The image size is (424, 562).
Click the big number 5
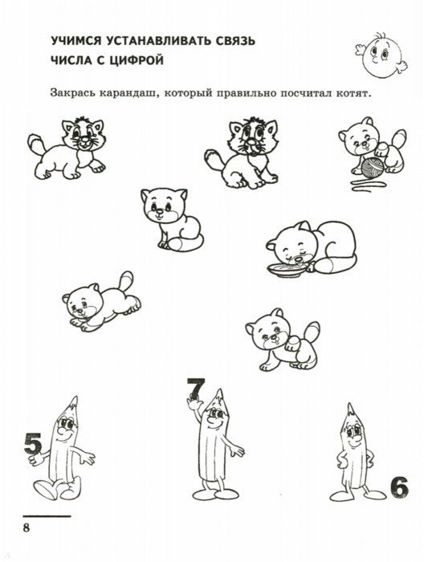click(x=33, y=444)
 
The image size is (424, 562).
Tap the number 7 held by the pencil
click(x=196, y=389)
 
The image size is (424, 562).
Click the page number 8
click(x=26, y=528)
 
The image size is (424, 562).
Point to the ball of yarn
click(x=373, y=168)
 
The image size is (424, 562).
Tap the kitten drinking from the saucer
click(x=311, y=247)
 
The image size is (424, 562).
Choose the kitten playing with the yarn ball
click(x=373, y=147)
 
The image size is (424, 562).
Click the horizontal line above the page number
click(x=47, y=516)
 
